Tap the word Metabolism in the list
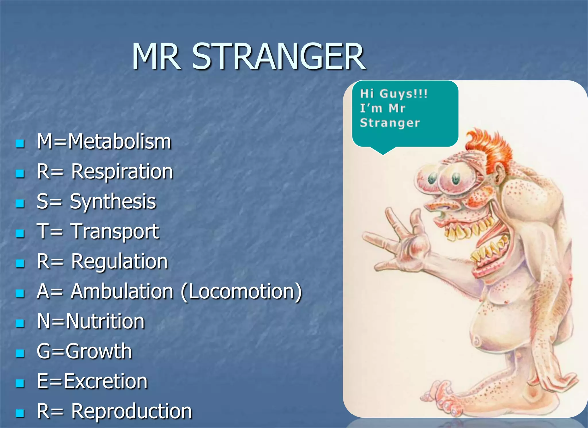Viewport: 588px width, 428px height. coord(119,142)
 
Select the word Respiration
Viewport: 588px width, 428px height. coord(122,172)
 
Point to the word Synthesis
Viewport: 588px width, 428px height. coord(113,201)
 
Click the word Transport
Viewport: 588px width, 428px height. coord(115,231)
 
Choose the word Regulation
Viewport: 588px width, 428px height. coord(119,262)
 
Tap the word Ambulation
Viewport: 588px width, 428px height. coord(122,291)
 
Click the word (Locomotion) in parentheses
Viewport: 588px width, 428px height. coord(241,291)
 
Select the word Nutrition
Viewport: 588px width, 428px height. coord(105,321)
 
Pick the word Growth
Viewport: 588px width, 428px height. coord(98,351)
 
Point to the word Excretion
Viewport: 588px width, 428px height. coord(105,381)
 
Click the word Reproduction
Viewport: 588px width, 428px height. coord(131,411)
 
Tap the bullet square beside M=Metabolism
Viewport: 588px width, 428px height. coord(20,143)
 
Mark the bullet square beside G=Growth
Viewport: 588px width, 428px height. coord(20,353)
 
